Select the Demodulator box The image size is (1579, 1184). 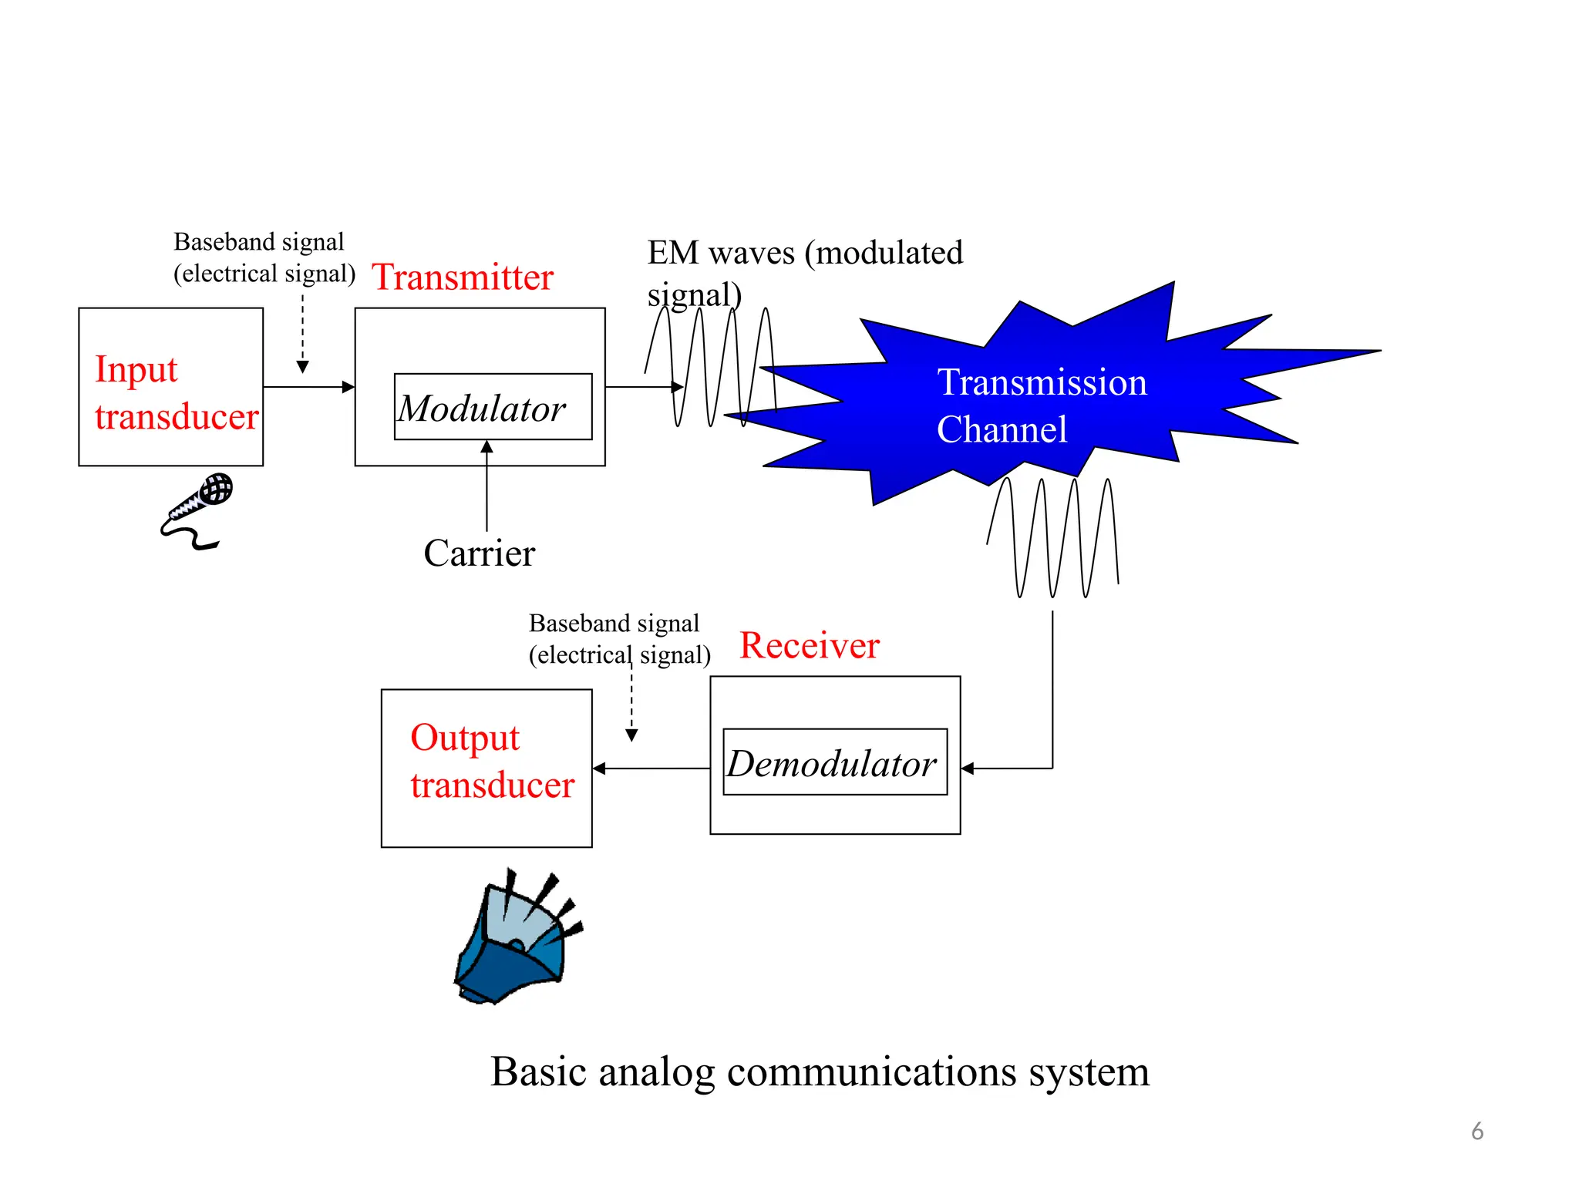(834, 762)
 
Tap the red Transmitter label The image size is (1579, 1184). (463, 277)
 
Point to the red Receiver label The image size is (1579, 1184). (809, 645)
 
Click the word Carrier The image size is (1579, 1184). (479, 553)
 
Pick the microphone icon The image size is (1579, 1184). (197, 509)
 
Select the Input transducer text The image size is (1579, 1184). (176, 392)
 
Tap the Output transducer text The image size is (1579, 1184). (492, 761)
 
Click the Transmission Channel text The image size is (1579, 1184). (1040, 405)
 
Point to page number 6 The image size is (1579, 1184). (1476, 1131)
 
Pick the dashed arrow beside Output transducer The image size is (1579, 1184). (631, 701)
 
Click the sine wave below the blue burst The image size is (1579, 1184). (1052, 538)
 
